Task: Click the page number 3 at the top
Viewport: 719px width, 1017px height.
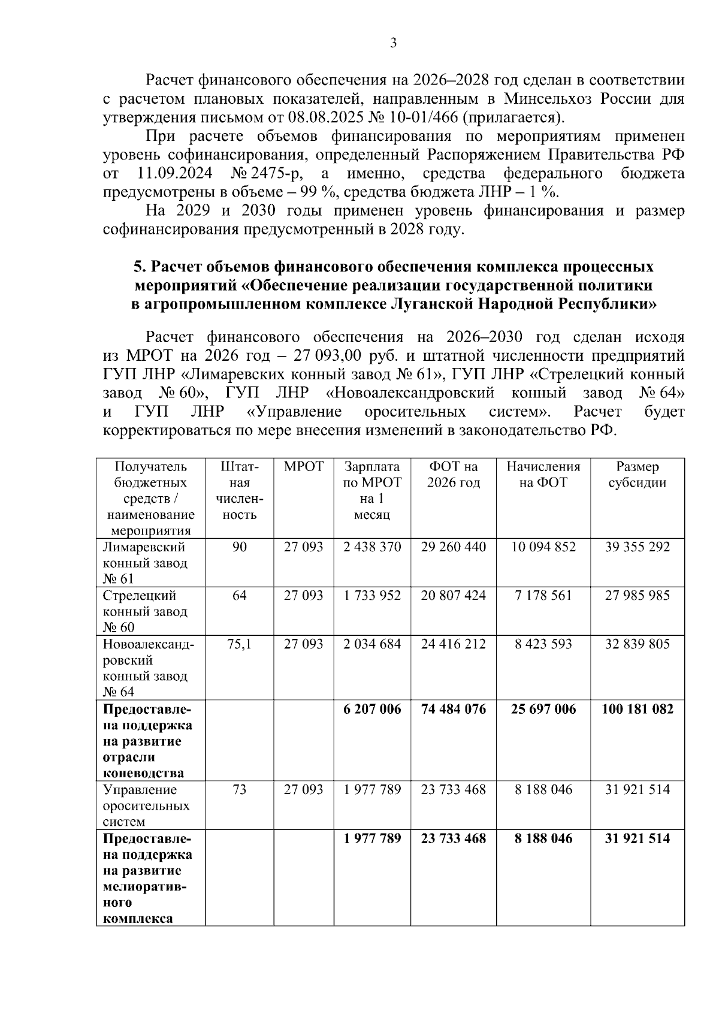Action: [393, 43]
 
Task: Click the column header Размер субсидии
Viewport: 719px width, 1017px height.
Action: [637, 475]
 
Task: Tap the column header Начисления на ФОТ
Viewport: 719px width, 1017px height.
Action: [543, 475]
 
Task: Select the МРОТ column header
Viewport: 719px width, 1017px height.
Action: [303, 467]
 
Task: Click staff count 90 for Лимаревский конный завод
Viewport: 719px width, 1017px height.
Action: [239, 547]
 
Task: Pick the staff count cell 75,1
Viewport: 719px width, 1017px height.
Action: [239, 644]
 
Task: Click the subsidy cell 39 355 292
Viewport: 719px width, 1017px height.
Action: [637, 547]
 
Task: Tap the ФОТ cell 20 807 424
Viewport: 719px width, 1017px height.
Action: [453, 595]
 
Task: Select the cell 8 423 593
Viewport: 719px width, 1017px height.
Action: [543, 644]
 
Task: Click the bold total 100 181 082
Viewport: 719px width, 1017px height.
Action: [637, 709]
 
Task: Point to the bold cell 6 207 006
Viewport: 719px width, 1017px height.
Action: [372, 709]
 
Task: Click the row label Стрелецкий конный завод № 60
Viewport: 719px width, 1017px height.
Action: [145, 611]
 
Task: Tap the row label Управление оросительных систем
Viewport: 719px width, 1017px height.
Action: [146, 805]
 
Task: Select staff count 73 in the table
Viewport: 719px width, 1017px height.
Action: [239, 789]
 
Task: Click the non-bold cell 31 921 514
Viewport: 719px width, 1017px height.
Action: [637, 789]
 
